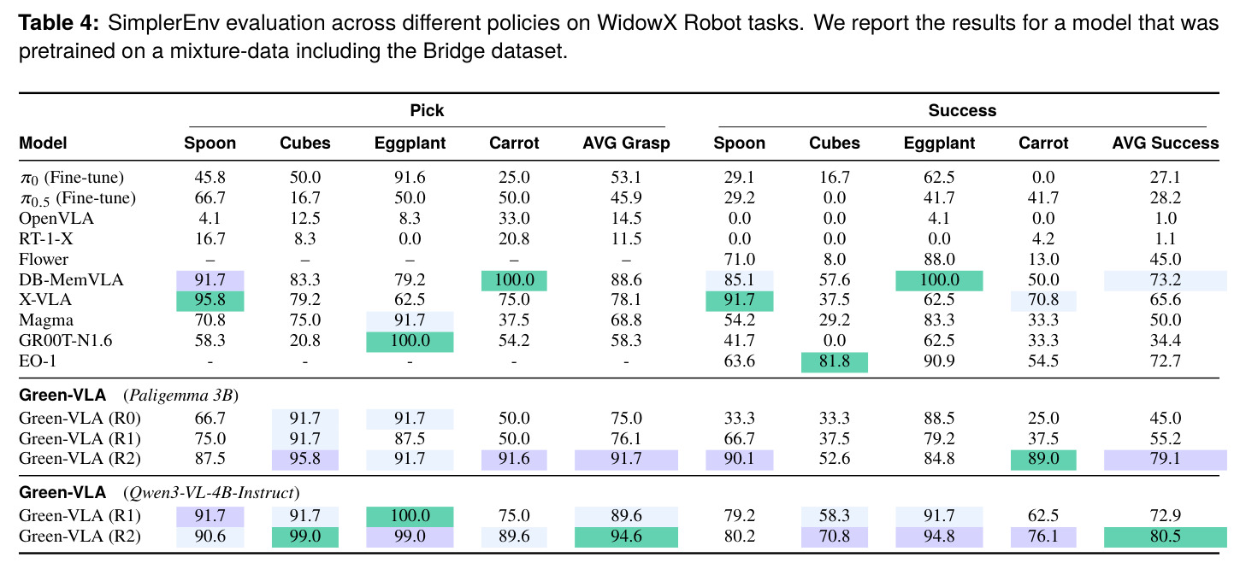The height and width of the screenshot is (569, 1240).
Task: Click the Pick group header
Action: coord(427,110)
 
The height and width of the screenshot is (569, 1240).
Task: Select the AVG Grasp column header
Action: coord(626,144)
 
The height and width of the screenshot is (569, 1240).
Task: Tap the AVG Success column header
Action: coord(1166,144)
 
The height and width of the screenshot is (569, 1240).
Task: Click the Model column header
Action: coord(43,144)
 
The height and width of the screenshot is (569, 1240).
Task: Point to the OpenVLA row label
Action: coord(56,219)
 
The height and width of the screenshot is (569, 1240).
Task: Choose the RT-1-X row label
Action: coord(46,239)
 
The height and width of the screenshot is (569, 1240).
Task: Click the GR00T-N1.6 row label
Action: coord(65,341)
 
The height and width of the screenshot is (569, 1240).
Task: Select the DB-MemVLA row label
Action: coord(71,279)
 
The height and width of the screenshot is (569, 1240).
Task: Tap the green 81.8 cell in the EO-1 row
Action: coord(835,361)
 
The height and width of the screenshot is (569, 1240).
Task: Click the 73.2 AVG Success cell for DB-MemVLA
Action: coord(1166,280)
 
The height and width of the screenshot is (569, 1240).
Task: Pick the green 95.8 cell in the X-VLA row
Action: coord(210,300)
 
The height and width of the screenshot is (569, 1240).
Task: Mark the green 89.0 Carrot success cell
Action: coord(1043,460)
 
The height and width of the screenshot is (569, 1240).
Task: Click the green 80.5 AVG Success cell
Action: coord(1166,537)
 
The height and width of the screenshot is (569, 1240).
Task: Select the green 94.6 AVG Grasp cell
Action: coord(626,537)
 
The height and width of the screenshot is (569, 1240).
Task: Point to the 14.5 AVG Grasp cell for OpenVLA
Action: coord(626,219)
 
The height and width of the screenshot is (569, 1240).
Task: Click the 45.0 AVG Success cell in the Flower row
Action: coord(1166,260)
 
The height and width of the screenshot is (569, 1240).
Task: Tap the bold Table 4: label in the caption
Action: coord(59,23)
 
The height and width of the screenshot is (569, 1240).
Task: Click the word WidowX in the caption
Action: coord(636,23)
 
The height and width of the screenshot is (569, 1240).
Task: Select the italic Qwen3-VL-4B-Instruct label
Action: coord(211,493)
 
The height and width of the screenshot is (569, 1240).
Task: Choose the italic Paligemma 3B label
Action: coord(180,396)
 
